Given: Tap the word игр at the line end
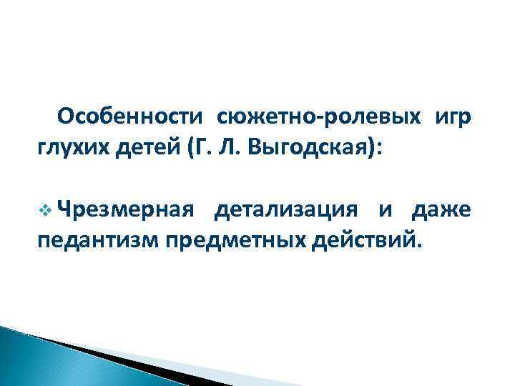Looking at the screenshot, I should click(451, 117).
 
